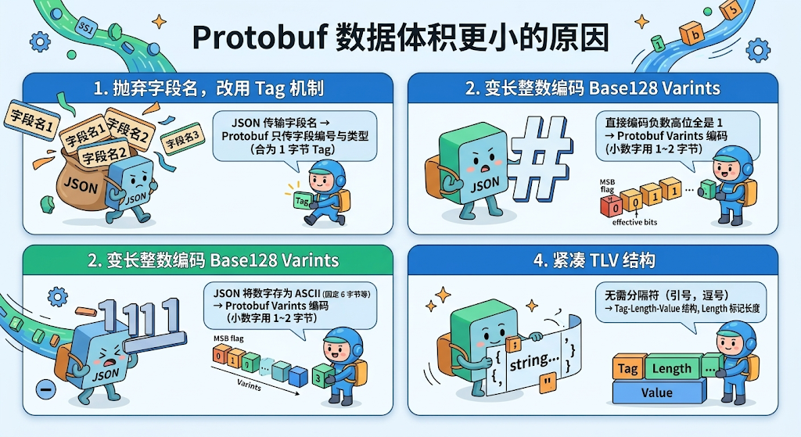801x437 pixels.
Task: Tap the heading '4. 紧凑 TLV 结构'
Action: click(x=594, y=260)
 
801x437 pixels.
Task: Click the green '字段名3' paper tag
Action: click(x=182, y=141)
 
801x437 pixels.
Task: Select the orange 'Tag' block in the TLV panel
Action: click(x=627, y=367)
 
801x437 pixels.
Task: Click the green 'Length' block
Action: click(x=671, y=367)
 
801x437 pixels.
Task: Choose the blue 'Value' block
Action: click(x=656, y=392)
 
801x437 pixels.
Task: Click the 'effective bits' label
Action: click(x=634, y=221)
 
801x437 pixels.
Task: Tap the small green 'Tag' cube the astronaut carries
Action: click(x=302, y=201)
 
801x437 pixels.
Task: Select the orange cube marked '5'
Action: click(x=732, y=11)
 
